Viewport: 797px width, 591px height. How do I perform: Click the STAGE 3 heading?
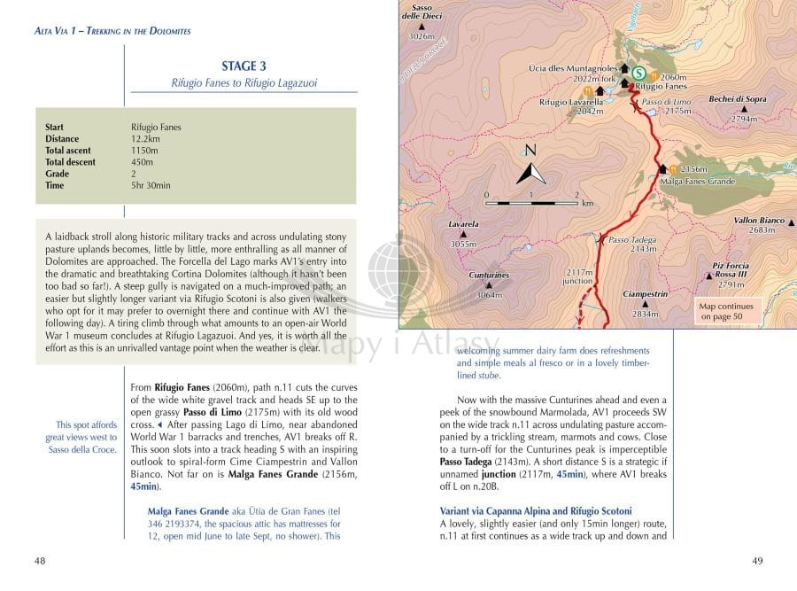tap(244, 66)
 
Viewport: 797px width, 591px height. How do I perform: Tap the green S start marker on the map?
tap(638, 73)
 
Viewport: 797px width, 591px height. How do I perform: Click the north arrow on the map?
tap(530, 167)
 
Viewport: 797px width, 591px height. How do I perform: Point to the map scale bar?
tap(530, 203)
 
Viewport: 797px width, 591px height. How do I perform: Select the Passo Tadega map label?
tap(632, 240)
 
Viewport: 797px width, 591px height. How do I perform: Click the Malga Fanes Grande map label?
tap(698, 182)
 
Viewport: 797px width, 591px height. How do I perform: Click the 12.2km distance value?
tap(145, 139)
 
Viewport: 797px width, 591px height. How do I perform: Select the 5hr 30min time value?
tap(151, 185)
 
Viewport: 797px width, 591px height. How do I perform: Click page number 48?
tap(40, 560)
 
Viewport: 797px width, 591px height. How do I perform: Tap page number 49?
tap(757, 560)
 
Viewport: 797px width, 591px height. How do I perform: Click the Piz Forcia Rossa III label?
tap(731, 270)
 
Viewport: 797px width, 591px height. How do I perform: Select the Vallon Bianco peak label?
tap(760, 221)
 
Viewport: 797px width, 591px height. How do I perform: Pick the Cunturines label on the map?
tap(489, 276)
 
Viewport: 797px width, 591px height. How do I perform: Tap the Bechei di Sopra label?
tap(738, 99)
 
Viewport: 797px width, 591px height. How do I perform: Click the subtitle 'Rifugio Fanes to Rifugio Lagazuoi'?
tap(244, 83)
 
